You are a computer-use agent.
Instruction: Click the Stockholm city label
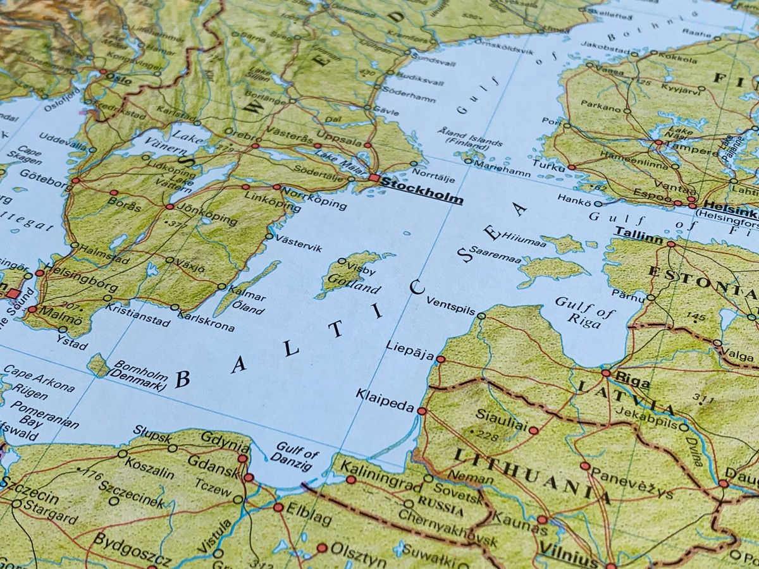(422, 193)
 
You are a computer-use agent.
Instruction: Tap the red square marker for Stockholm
(374, 179)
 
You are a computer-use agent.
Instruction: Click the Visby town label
(362, 267)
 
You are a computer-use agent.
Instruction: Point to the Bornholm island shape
(98, 365)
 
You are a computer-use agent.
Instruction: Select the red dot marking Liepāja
(440, 359)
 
